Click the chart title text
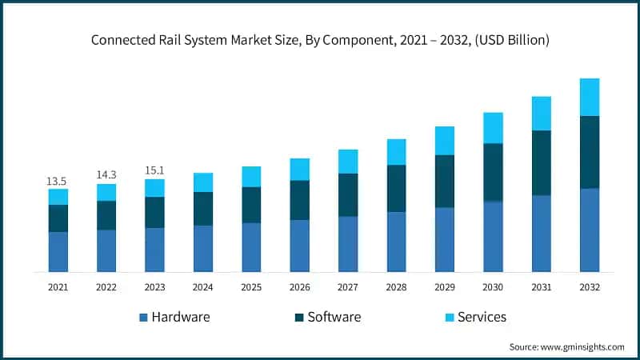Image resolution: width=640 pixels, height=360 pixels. [x=320, y=38]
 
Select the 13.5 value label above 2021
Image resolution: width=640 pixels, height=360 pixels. [x=58, y=180]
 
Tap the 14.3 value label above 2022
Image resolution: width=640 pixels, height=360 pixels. [x=106, y=174]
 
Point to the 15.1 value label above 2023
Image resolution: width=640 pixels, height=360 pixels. [x=154, y=170]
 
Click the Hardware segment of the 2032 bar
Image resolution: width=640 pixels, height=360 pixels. [x=590, y=230]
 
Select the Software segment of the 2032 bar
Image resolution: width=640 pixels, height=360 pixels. [x=590, y=152]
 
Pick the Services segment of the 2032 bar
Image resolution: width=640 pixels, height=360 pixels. [x=590, y=97]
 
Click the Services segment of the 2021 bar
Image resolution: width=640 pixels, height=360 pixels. [x=58, y=197]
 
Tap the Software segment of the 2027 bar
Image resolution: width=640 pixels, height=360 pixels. [x=348, y=194]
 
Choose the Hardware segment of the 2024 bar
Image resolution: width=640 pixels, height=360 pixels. [x=203, y=249]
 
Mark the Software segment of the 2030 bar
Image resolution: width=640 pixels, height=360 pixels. [x=493, y=172]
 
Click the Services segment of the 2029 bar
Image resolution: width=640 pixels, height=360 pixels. [x=445, y=140]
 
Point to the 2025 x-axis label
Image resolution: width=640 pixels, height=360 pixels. [x=251, y=286]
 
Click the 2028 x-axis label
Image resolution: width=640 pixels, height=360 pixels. [x=396, y=286]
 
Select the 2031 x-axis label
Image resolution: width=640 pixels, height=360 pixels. [x=542, y=286]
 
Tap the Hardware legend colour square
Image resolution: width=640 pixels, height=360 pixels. [x=144, y=318]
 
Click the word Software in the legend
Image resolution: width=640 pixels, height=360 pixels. [x=334, y=317]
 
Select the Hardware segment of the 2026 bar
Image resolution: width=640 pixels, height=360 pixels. [x=300, y=246]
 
